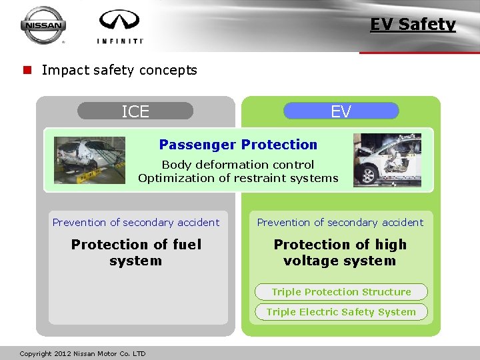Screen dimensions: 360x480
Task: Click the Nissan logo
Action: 43,25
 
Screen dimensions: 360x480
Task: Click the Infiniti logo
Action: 120,27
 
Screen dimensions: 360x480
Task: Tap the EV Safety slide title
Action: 413,25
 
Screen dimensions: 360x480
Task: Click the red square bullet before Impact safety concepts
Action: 27,70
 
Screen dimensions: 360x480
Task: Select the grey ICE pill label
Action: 135,111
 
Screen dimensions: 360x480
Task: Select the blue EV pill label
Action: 341,111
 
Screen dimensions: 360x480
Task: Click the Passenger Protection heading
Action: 238,145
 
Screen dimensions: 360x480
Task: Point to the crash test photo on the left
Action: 89,160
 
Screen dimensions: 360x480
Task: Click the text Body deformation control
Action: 238,165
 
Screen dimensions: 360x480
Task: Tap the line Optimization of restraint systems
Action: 238,178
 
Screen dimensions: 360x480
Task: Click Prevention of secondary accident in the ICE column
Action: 136,223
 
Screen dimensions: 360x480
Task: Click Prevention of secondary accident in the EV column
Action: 340,223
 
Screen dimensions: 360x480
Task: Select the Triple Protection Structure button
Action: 341,292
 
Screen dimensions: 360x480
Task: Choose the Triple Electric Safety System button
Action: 341,312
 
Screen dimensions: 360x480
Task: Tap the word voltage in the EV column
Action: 311,261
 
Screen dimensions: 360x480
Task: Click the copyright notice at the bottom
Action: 83,353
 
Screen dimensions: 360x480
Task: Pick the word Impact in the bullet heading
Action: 61,70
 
